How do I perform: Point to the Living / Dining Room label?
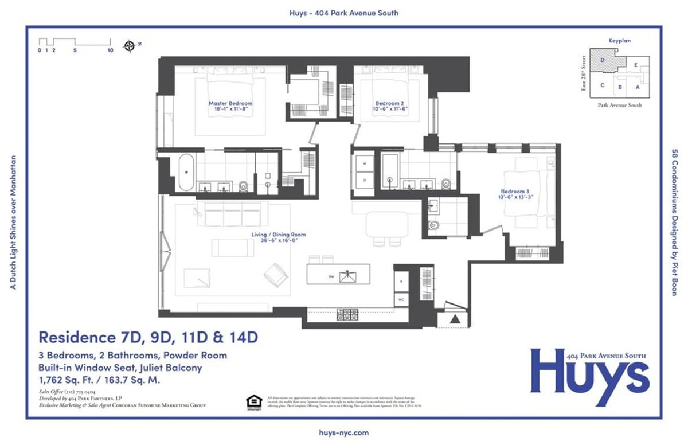pyautogui.click(x=279, y=237)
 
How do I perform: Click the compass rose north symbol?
pyautogui.click(x=130, y=46)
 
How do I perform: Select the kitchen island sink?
pyautogui.click(x=347, y=277)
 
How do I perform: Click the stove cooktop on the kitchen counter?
pyautogui.click(x=347, y=314)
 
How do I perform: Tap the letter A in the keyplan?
pyautogui.click(x=637, y=87)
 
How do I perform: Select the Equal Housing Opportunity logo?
pyautogui.click(x=252, y=403)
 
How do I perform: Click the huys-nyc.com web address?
pyautogui.click(x=344, y=433)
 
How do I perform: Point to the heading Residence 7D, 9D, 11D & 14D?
pyautogui.click(x=148, y=337)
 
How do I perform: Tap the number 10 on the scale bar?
pyautogui.click(x=110, y=50)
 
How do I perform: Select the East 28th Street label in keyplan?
pyautogui.click(x=584, y=73)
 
